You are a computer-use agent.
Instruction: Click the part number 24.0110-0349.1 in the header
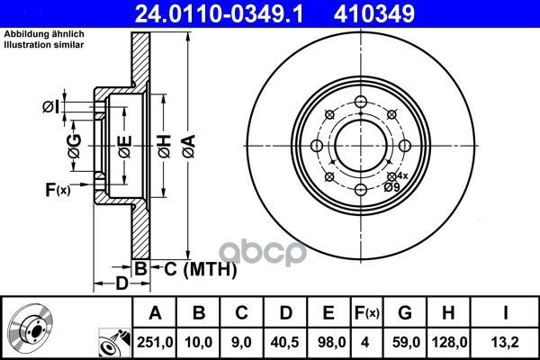point(219,13)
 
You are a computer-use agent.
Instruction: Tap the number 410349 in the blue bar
point(374,13)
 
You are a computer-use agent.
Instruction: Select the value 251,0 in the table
point(155,342)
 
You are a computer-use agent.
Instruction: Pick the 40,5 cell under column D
point(285,342)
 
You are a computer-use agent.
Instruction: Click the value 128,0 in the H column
point(449,342)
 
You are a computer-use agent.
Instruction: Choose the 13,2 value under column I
point(505,342)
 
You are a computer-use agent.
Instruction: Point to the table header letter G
point(405,313)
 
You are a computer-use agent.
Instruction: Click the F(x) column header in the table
point(367,313)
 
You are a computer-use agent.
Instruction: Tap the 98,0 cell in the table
point(328,342)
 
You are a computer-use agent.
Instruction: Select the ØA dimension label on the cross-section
point(189,147)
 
